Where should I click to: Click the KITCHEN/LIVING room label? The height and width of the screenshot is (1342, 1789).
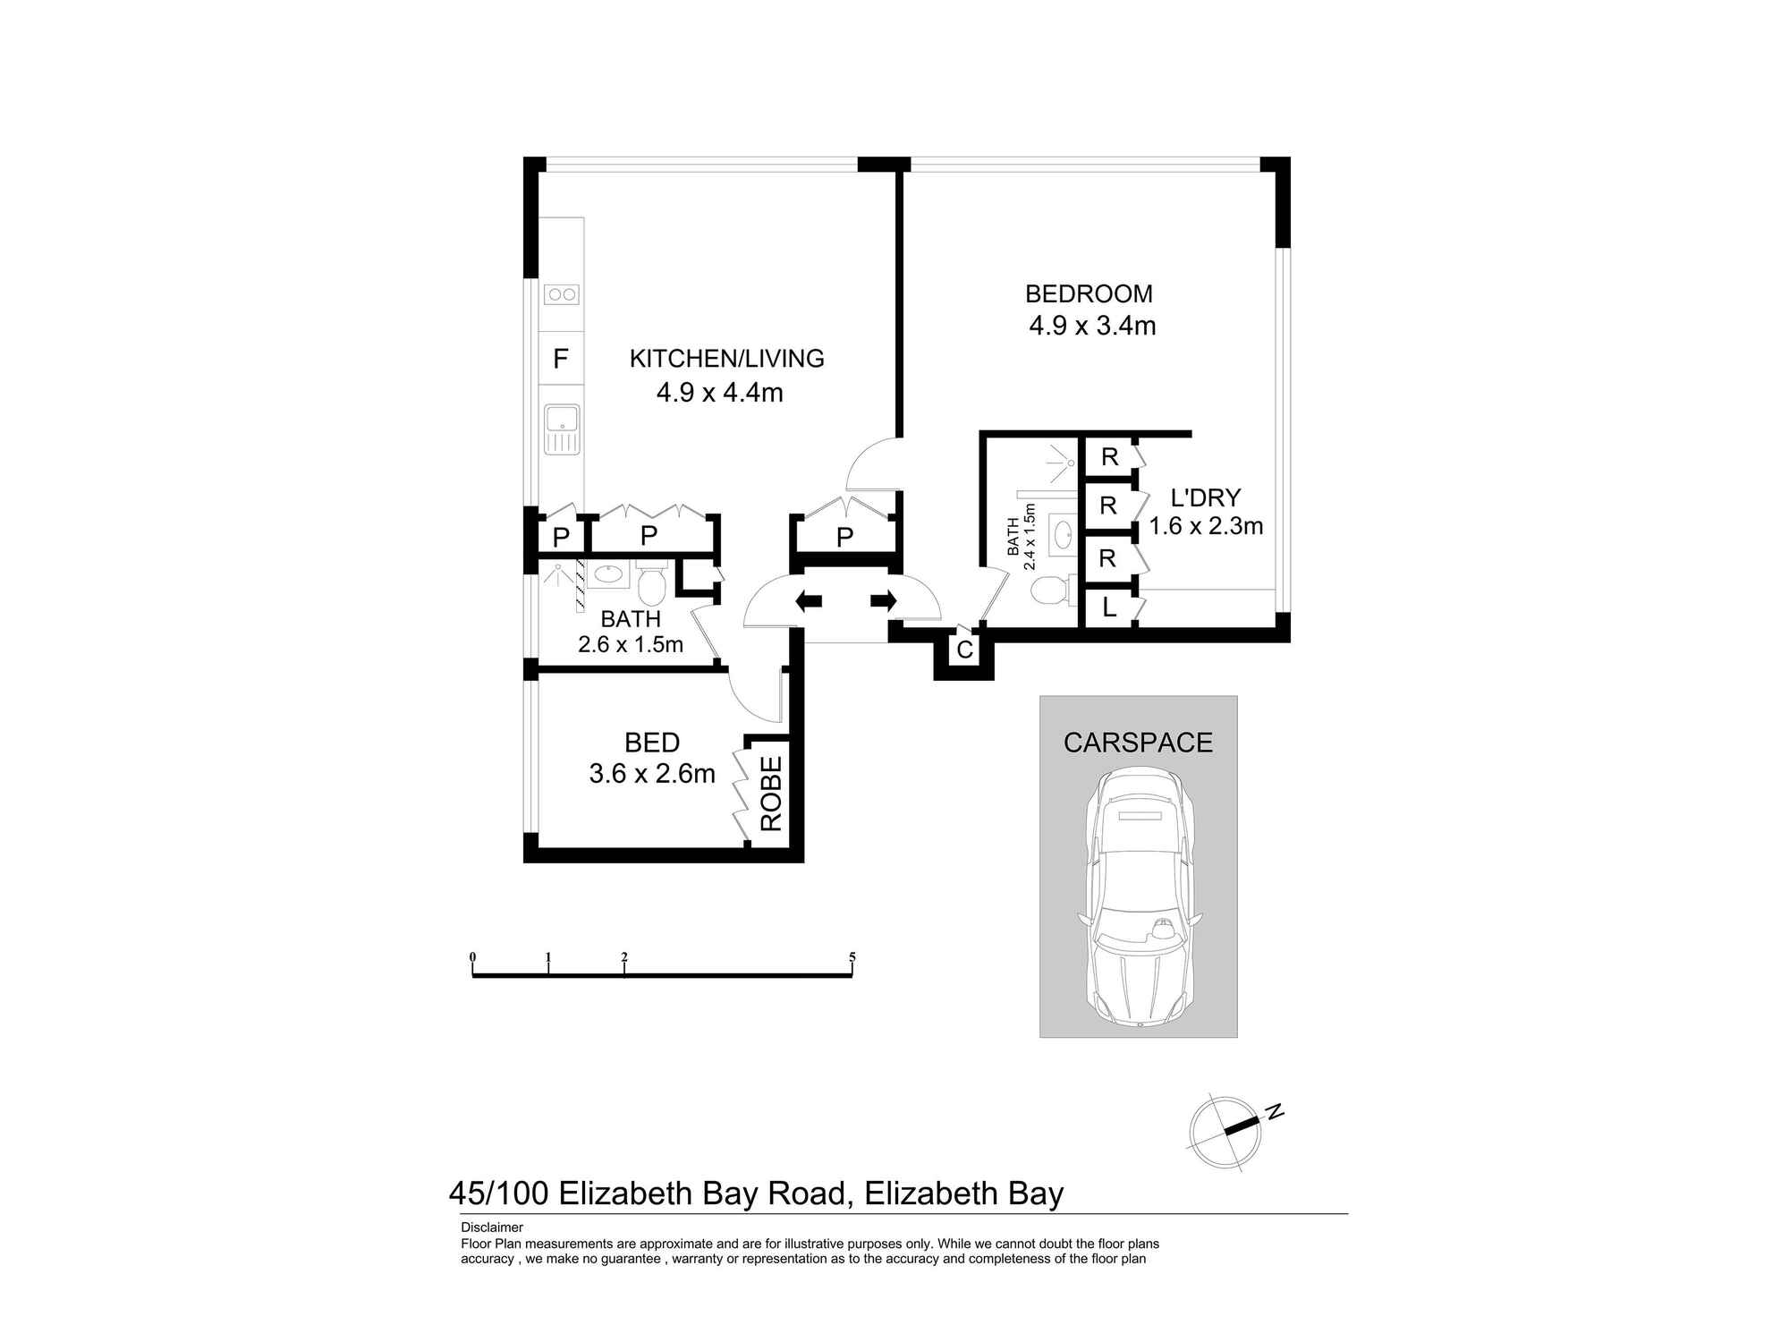point(726,358)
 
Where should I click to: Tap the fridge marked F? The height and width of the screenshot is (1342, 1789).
point(561,359)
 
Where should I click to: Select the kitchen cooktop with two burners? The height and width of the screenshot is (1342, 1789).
point(562,293)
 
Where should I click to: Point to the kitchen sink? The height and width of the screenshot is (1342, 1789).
point(562,429)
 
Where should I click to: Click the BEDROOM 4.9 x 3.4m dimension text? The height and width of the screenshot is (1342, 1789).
point(1092,326)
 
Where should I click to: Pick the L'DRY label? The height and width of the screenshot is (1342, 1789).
point(1206,497)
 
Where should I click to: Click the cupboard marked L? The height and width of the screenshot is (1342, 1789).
point(1109,608)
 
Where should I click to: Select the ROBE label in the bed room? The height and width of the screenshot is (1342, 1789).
point(771,794)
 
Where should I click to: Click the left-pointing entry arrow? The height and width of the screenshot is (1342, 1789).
point(809,601)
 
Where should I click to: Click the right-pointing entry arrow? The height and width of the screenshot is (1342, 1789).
point(884,601)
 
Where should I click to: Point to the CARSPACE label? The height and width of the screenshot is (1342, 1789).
point(1138,742)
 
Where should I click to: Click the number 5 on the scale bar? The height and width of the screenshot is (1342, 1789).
point(852,957)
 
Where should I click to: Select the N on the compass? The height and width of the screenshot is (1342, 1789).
point(1275,1112)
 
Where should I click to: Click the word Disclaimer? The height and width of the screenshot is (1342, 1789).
point(491,1227)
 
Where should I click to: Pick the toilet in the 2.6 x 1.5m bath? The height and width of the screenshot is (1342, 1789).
point(651,586)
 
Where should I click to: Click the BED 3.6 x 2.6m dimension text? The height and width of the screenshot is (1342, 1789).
point(652,773)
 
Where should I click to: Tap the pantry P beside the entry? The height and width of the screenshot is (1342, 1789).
point(844,538)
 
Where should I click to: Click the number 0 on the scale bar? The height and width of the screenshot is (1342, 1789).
point(472,957)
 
